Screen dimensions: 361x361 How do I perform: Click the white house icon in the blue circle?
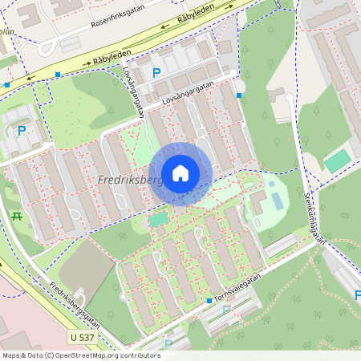click(180, 172)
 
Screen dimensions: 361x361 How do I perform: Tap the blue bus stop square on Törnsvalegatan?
click(209, 300)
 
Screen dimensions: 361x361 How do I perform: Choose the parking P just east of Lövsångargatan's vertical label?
click(156, 72)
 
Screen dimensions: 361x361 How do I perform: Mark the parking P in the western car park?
click(22, 131)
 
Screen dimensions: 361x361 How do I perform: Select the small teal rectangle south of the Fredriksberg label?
click(159, 218)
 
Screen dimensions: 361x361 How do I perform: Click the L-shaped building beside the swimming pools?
click(257, 202)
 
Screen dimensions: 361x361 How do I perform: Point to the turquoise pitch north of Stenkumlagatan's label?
click(337, 160)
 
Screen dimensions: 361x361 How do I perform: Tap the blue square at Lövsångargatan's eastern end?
click(239, 95)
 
